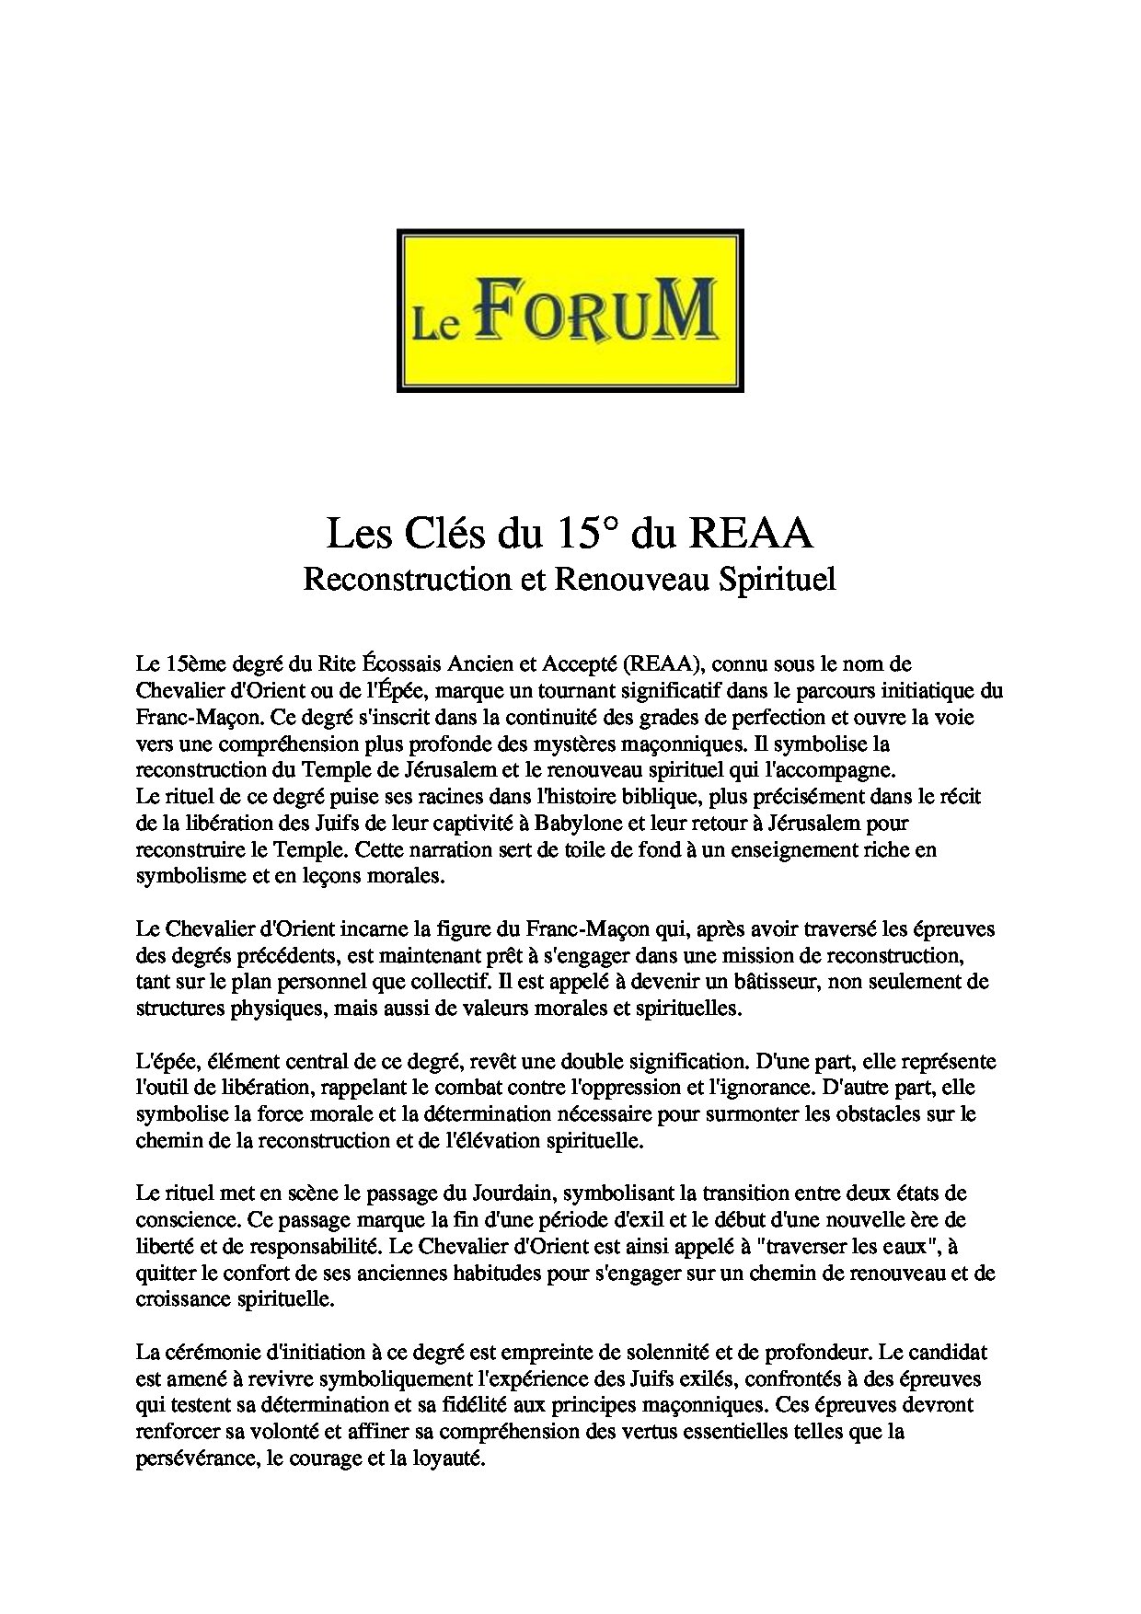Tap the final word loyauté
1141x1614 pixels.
[449, 1459]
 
